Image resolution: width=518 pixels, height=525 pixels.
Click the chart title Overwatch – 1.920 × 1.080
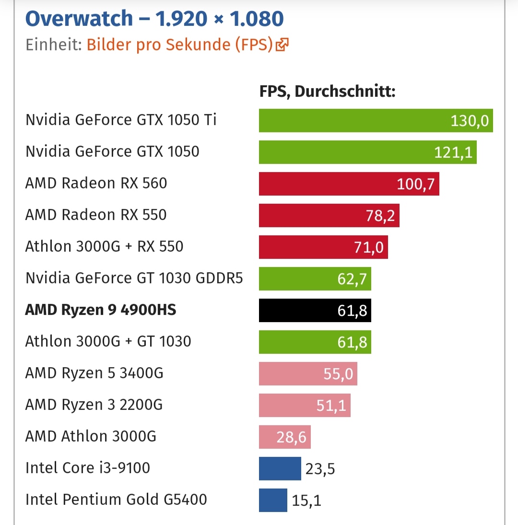coord(154,19)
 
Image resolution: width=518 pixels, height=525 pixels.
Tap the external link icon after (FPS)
coord(282,45)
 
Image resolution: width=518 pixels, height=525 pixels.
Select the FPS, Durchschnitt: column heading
coord(327,91)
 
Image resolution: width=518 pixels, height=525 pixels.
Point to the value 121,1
coord(453,152)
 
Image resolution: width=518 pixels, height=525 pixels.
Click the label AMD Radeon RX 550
coord(96,215)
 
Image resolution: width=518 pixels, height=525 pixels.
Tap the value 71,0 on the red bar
coord(368,247)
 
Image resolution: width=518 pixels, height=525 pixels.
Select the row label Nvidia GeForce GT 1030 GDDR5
coord(134,278)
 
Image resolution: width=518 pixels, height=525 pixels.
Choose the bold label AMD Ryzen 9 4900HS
coord(101,310)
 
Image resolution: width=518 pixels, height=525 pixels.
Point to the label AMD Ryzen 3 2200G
coord(94,405)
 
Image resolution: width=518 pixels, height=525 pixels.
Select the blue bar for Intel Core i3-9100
coord(280,468)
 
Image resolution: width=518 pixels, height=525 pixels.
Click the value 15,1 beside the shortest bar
coord(306,501)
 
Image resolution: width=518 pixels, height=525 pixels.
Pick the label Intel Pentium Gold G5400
coord(116,500)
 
